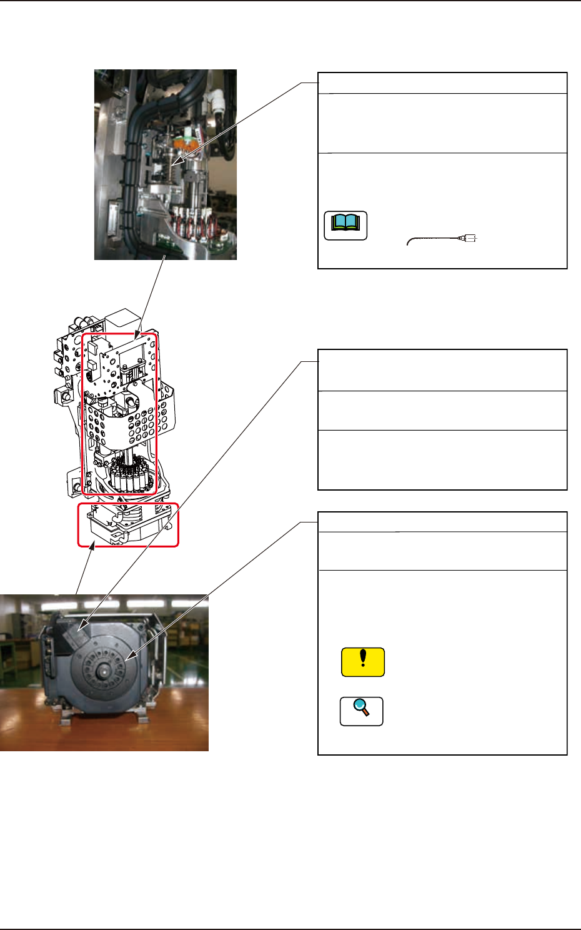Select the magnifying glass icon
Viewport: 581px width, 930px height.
(361, 711)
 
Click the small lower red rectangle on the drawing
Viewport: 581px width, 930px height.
(128, 524)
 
